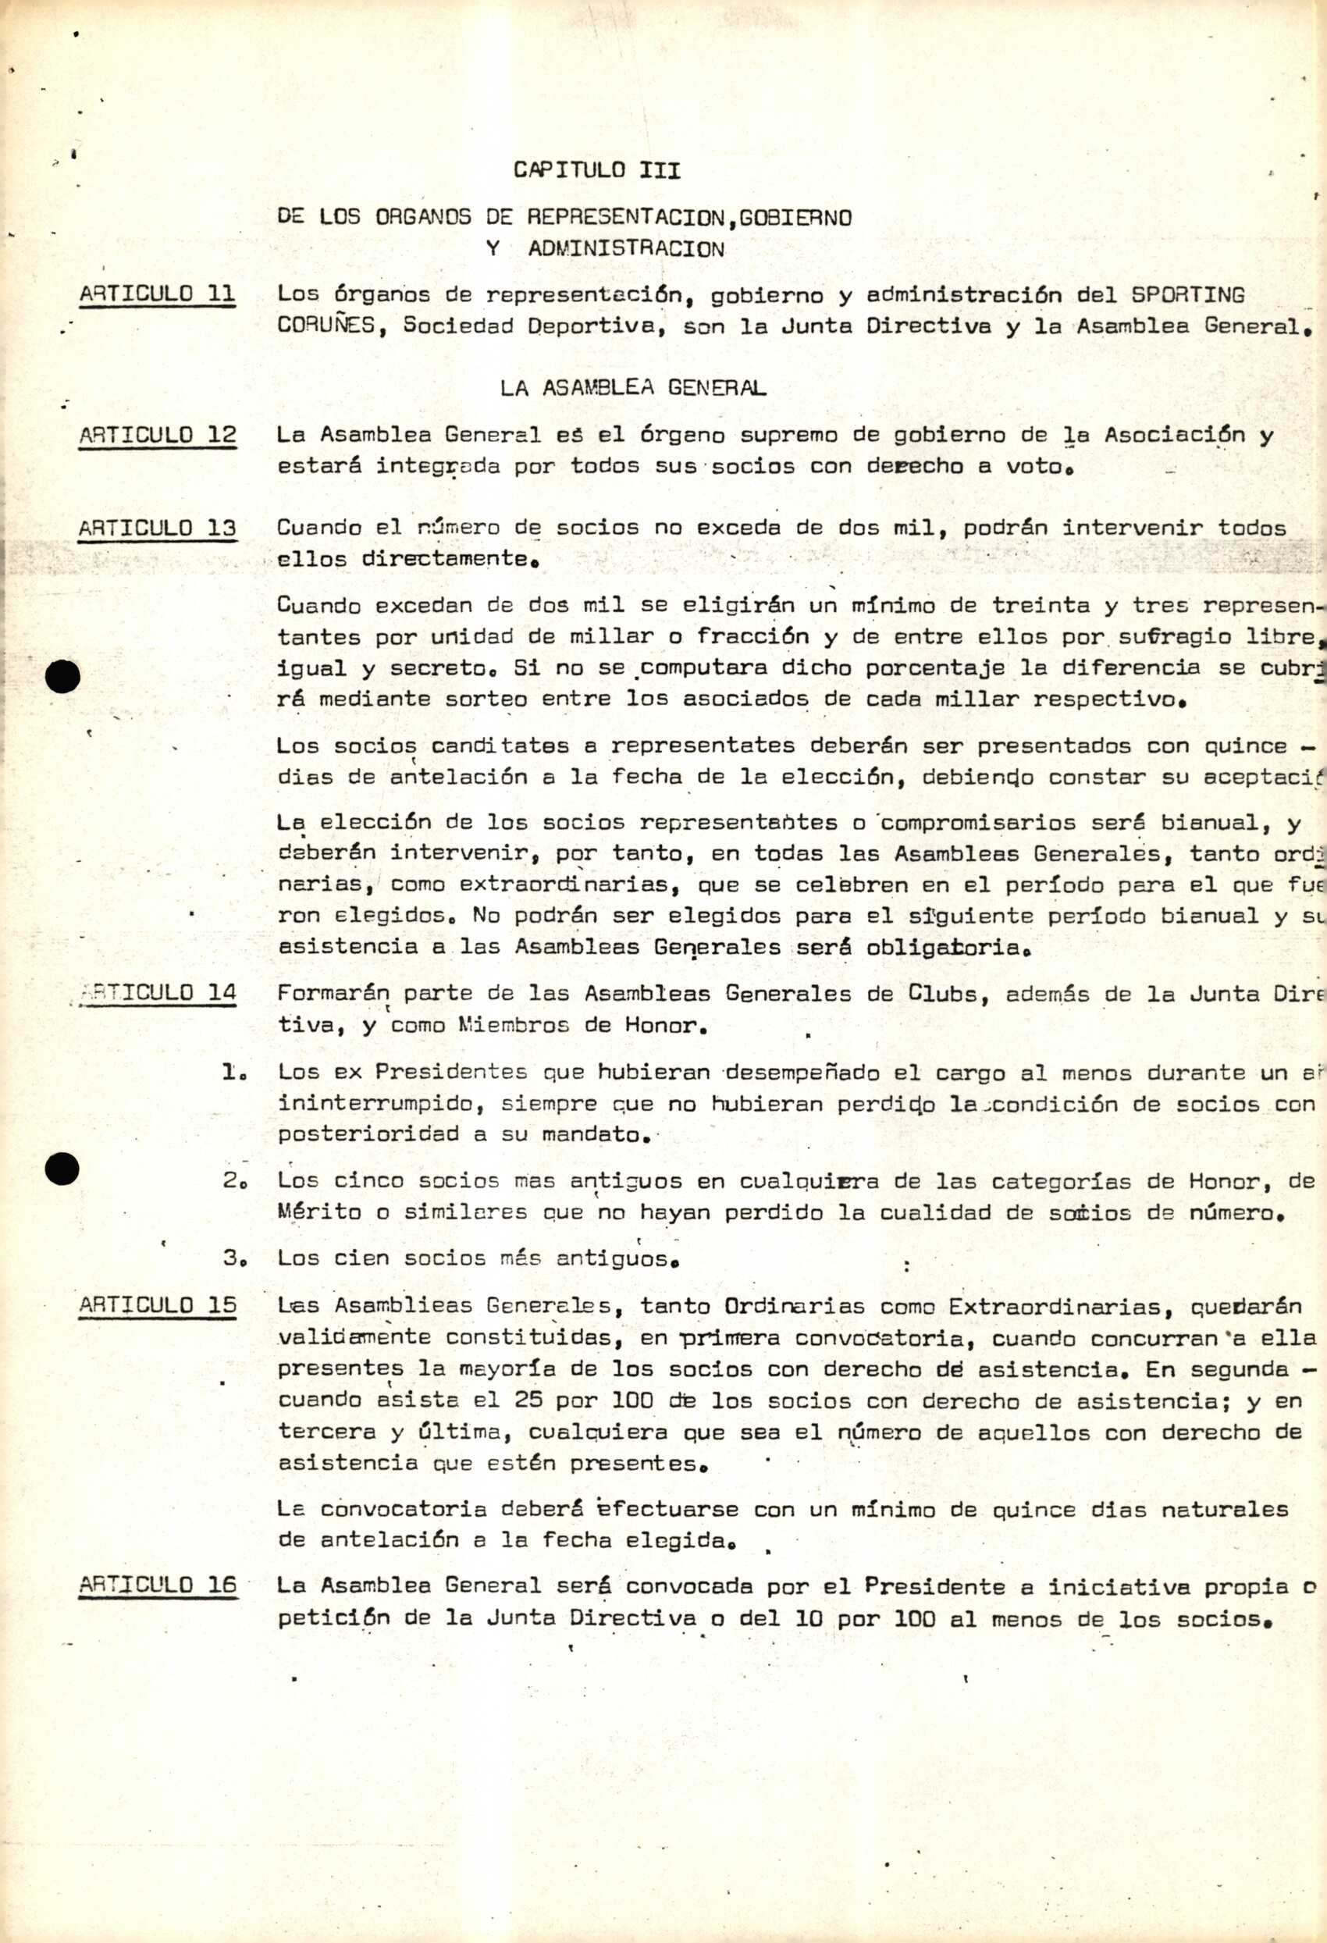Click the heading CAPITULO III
pyautogui.click(x=597, y=170)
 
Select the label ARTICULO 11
pyautogui.click(x=157, y=294)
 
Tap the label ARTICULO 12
pyautogui.click(x=157, y=435)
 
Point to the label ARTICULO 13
pyautogui.click(x=157, y=528)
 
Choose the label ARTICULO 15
pyautogui.click(x=157, y=1306)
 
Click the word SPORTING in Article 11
pyautogui.click(x=1187, y=294)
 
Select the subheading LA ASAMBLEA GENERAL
pyautogui.click(x=633, y=388)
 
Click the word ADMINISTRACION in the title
pyautogui.click(x=626, y=249)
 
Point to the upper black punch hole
pyautogui.click(x=62, y=676)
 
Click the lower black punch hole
pyautogui.click(x=62, y=1169)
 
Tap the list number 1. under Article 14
pyautogui.click(x=232, y=1073)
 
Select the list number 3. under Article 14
pyautogui.click(x=232, y=1259)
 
